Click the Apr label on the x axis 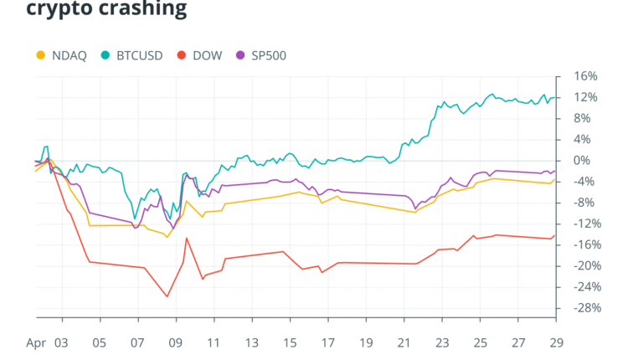click(x=36, y=342)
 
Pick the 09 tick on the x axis click(x=176, y=342)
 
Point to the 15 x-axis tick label click(x=290, y=342)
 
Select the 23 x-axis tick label click(x=442, y=342)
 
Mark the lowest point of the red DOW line click(x=167, y=296)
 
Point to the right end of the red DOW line click(x=556, y=234)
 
